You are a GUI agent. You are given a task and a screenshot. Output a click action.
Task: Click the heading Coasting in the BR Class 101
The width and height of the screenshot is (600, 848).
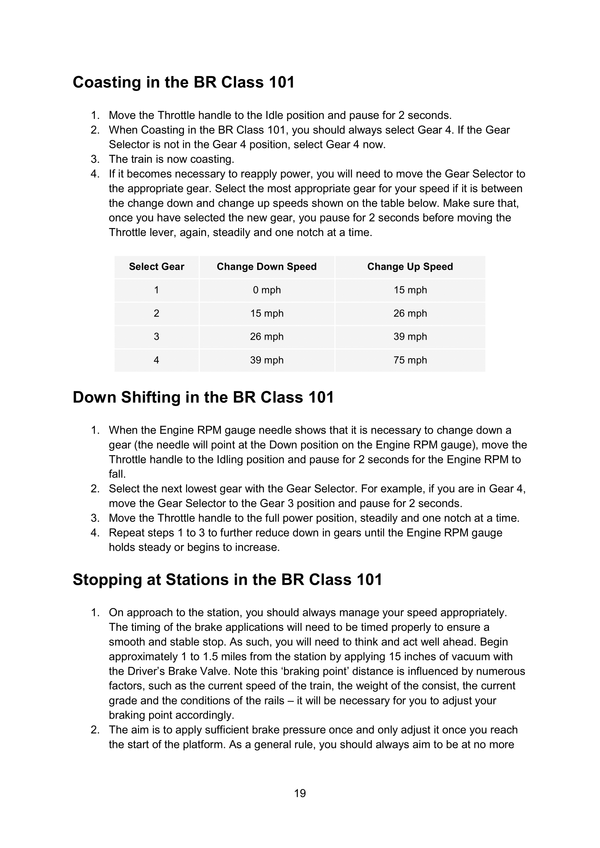click(x=184, y=82)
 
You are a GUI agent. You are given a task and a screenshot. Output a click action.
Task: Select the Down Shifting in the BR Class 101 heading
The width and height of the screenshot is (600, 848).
click(x=203, y=397)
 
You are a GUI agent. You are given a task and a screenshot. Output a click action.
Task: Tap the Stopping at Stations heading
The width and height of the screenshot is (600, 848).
click(x=227, y=579)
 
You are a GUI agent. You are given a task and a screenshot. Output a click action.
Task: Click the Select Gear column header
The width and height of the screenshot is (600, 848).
click(x=156, y=267)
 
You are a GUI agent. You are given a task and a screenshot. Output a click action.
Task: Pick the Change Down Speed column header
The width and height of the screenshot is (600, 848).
click(x=266, y=267)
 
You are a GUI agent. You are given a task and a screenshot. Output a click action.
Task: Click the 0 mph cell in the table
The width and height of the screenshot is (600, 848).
click(x=266, y=290)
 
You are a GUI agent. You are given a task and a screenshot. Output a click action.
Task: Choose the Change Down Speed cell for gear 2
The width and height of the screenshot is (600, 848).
click(x=266, y=313)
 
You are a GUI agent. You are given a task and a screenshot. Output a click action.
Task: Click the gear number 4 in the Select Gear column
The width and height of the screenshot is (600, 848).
click(x=156, y=360)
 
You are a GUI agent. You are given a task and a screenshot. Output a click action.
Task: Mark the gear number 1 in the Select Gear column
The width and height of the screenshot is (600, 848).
click(x=156, y=290)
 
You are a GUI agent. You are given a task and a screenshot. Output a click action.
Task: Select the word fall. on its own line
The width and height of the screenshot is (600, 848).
click(x=117, y=474)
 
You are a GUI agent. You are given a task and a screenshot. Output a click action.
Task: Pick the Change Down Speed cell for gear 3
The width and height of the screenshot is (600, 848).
click(x=266, y=336)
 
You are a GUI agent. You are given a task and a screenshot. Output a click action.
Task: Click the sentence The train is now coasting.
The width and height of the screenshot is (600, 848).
click(x=172, y=159)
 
